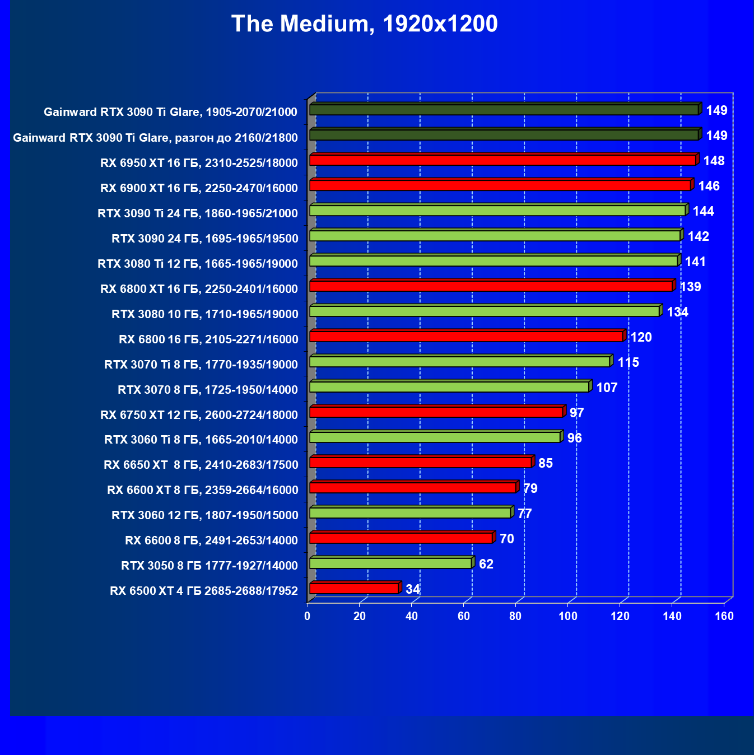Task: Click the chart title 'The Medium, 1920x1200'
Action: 364,24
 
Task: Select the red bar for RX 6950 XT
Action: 502,160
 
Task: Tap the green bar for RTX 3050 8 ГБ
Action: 390,563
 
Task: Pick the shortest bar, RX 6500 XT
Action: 353,589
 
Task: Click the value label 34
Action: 413,589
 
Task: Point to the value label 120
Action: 641,337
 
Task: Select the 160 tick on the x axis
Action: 724,616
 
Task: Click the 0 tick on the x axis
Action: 307,616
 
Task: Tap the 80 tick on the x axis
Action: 515,616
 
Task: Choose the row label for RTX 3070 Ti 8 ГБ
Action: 201,365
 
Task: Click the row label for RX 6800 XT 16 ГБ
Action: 199,289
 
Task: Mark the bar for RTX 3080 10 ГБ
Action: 484,311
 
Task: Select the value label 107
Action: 607,388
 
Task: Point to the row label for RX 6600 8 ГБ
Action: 211,540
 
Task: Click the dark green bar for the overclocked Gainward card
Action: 504,135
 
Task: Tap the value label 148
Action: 714,161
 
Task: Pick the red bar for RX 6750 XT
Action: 436,412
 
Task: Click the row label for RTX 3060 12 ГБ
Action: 204,515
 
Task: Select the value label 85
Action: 546,463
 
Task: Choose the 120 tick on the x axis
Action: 620,616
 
